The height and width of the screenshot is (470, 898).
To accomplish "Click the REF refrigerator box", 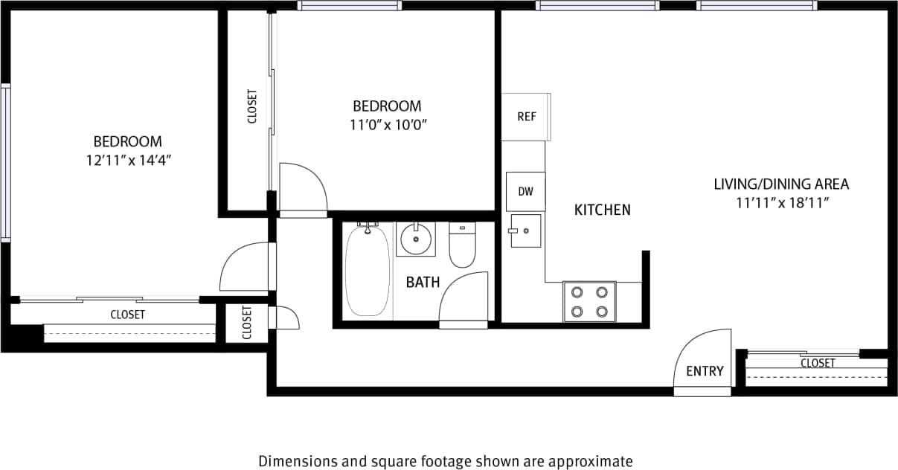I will click(x=526, y=117).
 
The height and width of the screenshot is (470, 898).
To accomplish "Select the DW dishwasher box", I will click(x=525, y=191).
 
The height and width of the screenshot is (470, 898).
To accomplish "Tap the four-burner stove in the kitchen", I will click(x=589, y=301).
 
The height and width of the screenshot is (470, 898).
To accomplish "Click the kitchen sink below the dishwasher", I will click(x=525, y=231).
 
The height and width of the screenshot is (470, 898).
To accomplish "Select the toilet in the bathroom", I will click(x=462, y=248).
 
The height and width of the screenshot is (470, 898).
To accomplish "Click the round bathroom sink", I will click(x=415, y=239).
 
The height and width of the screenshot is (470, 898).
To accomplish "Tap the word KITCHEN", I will click(x=602, y=210).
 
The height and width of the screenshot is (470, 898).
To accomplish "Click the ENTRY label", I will click(x=704, y=371).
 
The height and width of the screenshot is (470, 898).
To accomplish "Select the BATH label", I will click(x=423, y=283).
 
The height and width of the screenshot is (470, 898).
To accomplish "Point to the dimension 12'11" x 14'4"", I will click(x=127, y=159).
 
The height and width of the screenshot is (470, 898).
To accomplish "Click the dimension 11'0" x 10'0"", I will click(x=387, y=124).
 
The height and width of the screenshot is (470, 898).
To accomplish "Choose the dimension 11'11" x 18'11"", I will click(x=781, y=202).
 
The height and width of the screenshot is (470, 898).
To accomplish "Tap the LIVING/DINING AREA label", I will click(x=781, y=184).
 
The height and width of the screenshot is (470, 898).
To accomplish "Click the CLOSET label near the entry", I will click(x=818, y=363).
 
